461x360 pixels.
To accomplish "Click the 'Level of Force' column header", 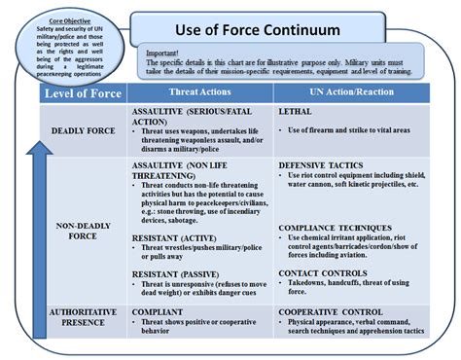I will (82, 93).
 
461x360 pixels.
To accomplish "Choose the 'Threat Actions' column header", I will (197, 93).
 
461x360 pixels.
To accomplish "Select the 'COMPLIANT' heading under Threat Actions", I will (158, 311).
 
